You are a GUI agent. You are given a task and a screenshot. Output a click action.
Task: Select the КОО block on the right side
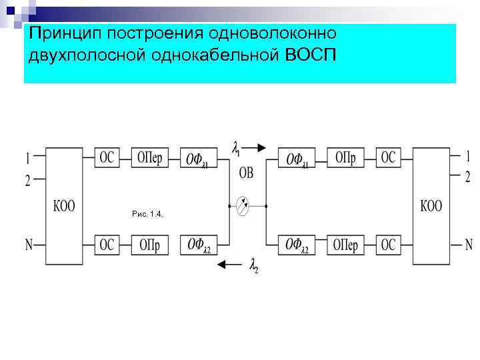click(x=431, y=205)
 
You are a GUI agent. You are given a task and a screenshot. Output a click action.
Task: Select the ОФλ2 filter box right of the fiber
click(x=297, y=245)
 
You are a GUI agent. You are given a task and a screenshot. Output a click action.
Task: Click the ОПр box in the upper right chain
click(x=345, y=158)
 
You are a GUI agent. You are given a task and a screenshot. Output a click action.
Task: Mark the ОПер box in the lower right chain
click(x=345, y=245)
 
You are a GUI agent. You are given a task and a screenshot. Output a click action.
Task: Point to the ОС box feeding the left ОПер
click(x=107, y=158)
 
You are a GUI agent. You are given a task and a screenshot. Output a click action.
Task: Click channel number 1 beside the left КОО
click(x=27, y=159)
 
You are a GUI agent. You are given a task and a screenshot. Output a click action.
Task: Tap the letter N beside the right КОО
click(x=468, y=244)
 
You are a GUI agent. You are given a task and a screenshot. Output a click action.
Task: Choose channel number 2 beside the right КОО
click(x=468, y=176)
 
